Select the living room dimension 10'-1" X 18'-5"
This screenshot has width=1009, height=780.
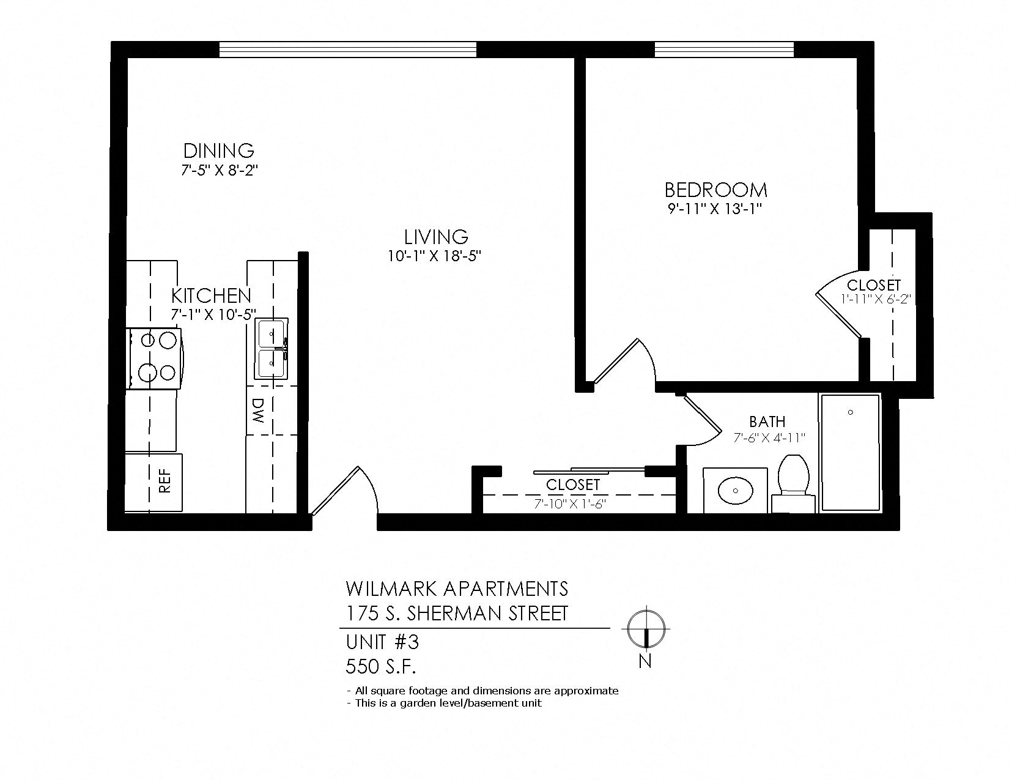pos(435,256)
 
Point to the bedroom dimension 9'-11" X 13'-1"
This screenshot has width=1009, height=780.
pos(715,209)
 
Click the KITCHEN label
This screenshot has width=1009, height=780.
pos(211,295)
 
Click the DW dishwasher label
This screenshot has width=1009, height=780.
pos(258,410)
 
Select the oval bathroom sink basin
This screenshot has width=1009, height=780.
pos(735,490)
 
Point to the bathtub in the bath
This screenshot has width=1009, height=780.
pos(850,453)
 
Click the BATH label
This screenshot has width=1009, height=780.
pos(767,422)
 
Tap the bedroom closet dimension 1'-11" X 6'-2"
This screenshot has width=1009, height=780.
pos(875,299)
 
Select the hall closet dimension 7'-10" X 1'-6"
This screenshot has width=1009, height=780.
pos(572,503)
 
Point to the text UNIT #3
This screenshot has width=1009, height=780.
pos(382,642)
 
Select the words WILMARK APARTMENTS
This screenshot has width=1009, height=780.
pos(457,589)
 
